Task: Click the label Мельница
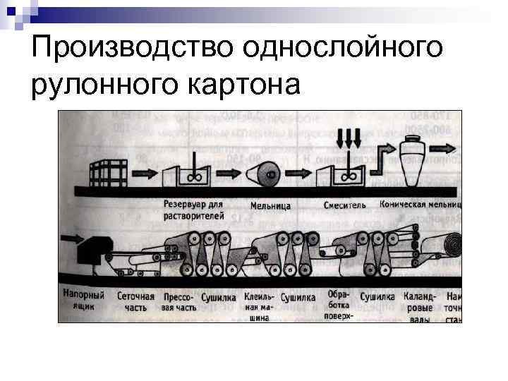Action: point(270,205)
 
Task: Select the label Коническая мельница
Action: point(421,205)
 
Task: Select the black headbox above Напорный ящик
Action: point(90,251)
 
